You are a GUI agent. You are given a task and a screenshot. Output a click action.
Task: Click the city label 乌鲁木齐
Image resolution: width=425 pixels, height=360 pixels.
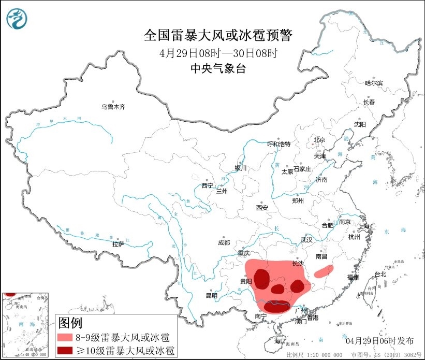coord(113,107)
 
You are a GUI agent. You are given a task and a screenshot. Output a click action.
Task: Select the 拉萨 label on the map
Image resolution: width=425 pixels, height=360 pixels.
coord(118,243)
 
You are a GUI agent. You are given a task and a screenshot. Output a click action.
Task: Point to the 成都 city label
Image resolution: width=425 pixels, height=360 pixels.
coord(224,242)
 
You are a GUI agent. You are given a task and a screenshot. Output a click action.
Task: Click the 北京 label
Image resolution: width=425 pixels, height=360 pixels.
coord(319,140)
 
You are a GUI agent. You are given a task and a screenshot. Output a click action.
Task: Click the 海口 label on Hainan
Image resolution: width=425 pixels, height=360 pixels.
coord(280,341)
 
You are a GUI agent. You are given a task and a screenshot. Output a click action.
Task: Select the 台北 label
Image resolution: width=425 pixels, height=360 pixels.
coord(380,274)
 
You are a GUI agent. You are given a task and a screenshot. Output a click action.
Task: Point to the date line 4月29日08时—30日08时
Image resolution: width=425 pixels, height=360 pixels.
coord(218,53)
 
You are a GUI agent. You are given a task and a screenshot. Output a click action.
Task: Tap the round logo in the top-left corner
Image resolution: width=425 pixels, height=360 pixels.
coord(17,19)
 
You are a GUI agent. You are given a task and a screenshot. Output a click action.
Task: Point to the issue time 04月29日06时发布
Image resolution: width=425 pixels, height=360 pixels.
coord(379,340)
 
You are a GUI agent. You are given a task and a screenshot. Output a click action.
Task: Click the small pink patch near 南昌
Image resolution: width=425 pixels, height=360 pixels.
coord(324,269)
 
